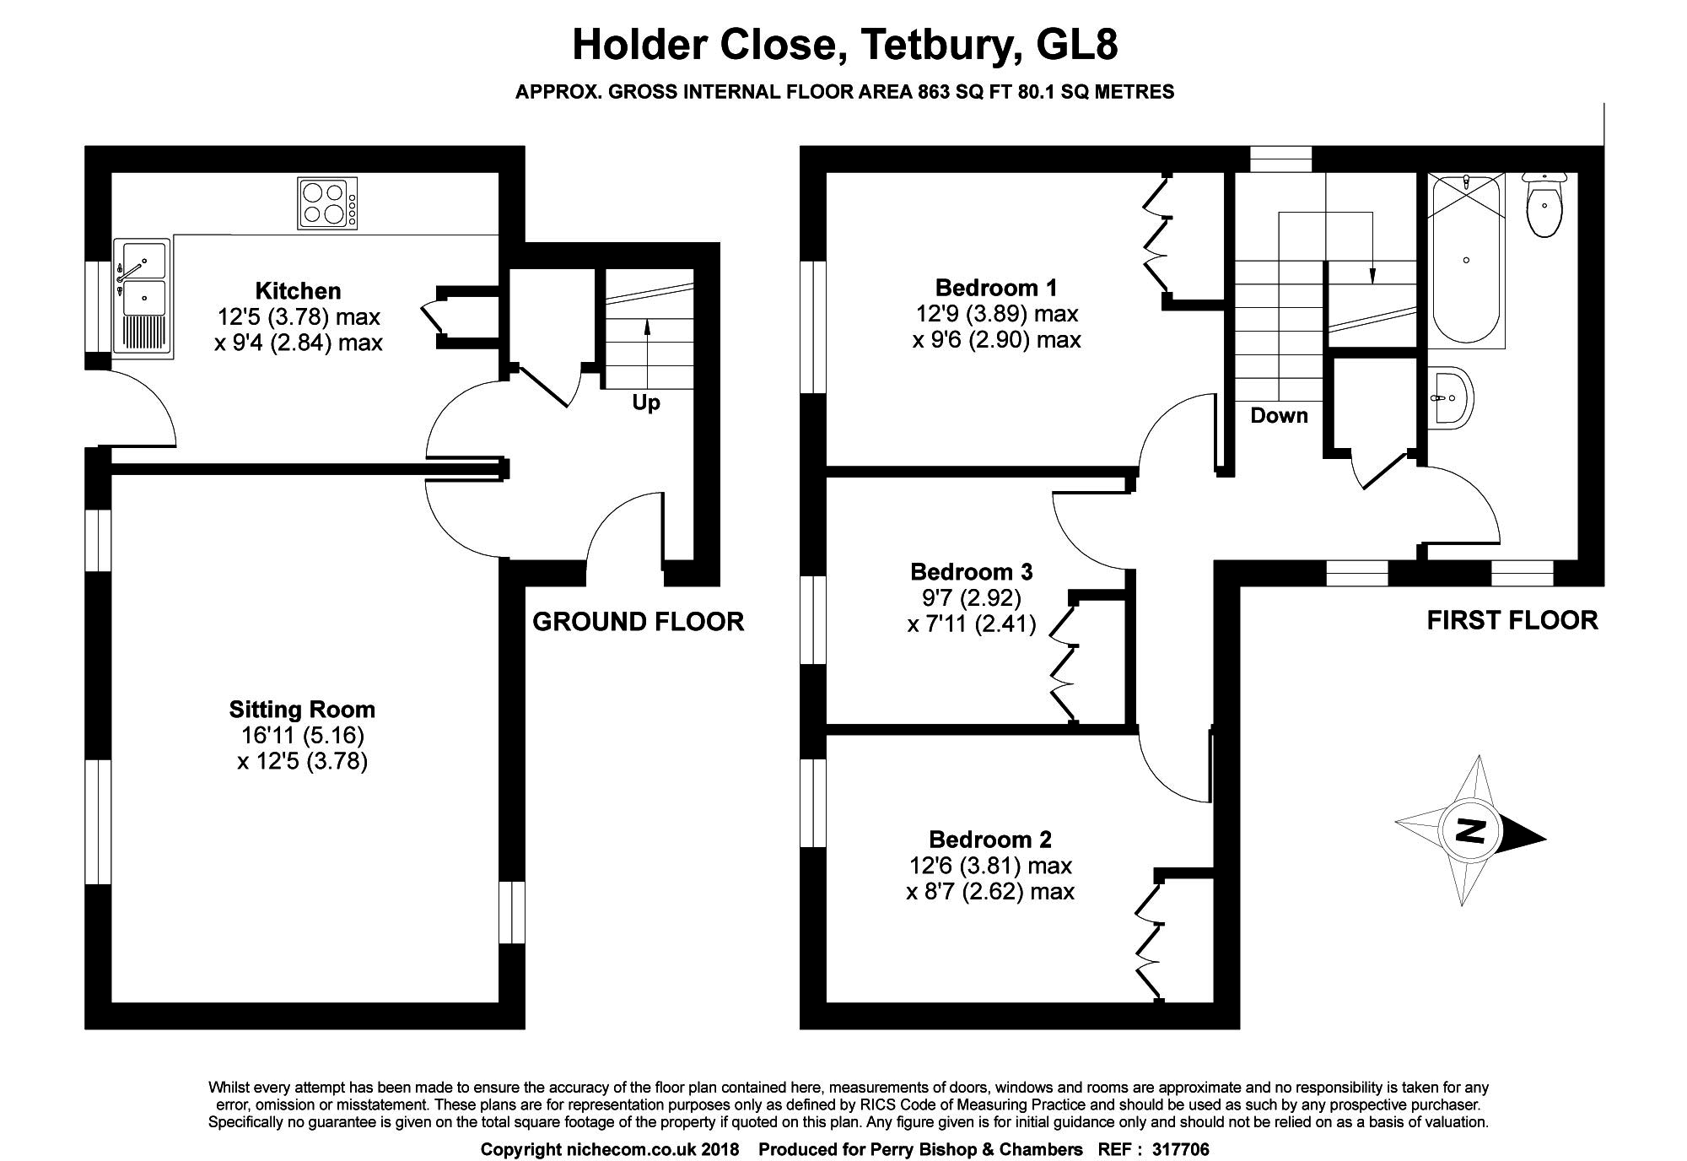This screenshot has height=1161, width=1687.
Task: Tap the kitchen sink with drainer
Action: point(143,295)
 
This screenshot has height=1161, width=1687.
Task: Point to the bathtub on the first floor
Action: point(1467,259)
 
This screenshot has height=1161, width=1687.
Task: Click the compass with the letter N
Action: point(1471,831)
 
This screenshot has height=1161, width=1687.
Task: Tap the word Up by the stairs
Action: point(646,403)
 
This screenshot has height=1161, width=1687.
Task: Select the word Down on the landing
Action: point(1279,415)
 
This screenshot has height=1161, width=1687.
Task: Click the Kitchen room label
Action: point(299,291)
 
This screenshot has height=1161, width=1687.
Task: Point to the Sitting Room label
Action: point(302,709)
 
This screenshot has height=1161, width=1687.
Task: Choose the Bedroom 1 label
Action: point(996,287)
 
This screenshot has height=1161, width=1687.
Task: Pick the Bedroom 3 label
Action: point(971,571)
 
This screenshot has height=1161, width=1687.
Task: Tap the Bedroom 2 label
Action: point(990,839)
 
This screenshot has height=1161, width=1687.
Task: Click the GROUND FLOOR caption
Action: point(639,622)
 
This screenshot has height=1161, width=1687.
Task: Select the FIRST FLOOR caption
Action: point(1512,620)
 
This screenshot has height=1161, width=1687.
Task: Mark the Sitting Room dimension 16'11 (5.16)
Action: point(302,736)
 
